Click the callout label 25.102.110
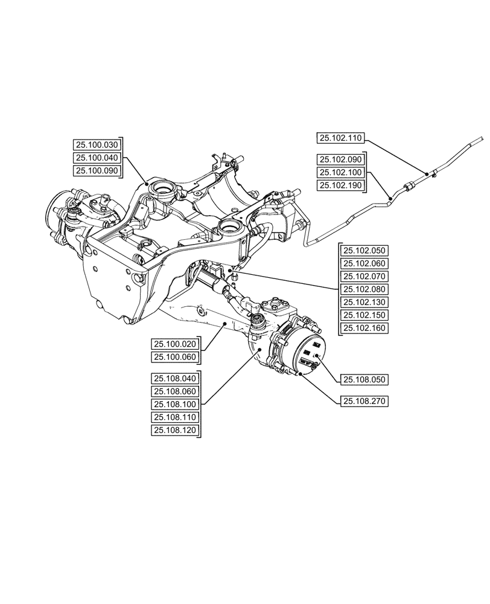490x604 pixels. [x=340, y=138]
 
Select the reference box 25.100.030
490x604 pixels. [x=97, y=145]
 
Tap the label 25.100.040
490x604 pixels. [x=97, y=158]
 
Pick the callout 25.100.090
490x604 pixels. [x=97, y=171]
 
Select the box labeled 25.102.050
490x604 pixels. [x=364, y=251]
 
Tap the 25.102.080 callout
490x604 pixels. [x=364, y=289]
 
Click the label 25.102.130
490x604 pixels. [x=364, y=303]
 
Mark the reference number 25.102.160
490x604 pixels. [x=364, y=329]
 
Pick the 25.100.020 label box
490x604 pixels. [x=175, y=344]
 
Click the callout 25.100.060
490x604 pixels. [x=175, y=357]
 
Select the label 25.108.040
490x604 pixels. [x=175, y=379]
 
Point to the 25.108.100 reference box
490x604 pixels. [x=175, y=404]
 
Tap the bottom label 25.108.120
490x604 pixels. [x=175, y=430]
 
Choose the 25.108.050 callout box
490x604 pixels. [x=364, y=380]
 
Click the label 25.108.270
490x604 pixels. [x=364, y=401]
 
